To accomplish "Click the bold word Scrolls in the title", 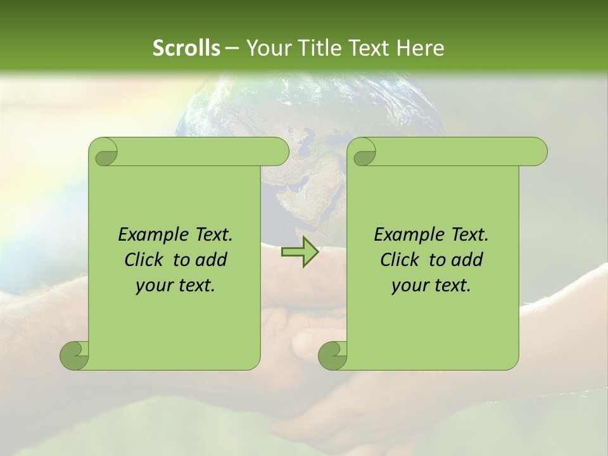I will click(186, 48).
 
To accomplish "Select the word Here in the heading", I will click(421, 48).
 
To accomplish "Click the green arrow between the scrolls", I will click(300, 253).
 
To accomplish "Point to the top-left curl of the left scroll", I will click(106, 153).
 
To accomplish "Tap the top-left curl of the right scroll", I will click(365, 153).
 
